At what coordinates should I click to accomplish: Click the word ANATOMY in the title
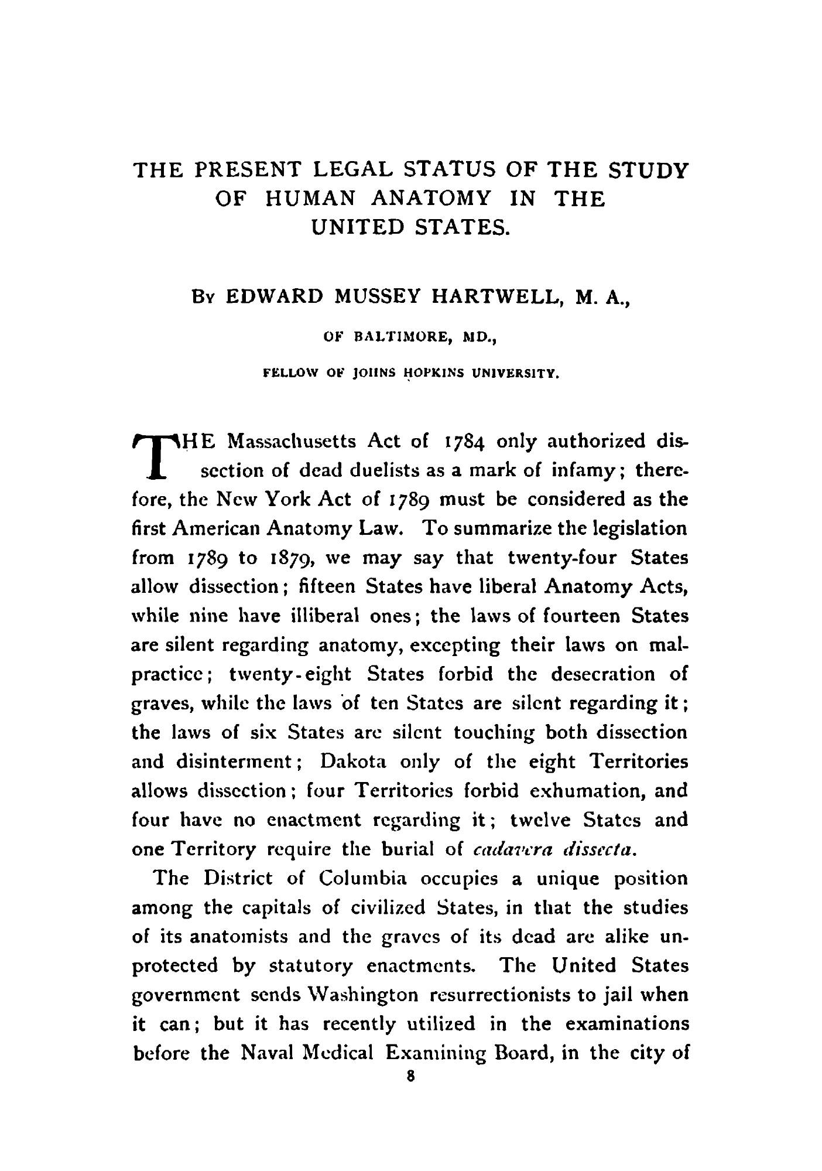(x=430, y=199)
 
